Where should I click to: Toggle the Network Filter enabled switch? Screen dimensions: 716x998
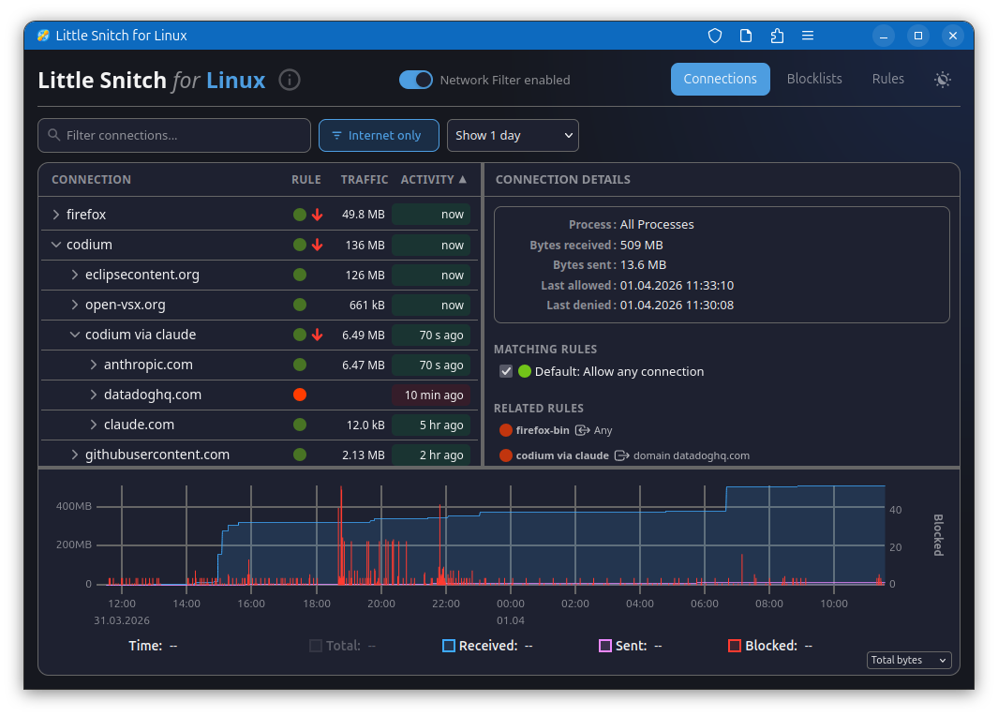point(416,80)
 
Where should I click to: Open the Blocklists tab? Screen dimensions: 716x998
point(814,79)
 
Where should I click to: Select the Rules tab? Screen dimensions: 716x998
point(887,79)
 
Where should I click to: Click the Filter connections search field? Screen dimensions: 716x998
point(174,135)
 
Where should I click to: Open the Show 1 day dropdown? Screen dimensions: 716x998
point(513,135)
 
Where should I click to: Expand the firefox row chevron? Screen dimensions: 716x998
point(56,215)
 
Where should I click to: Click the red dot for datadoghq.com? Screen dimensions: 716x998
point(300,395)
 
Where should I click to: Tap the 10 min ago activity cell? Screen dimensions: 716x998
point(431,395)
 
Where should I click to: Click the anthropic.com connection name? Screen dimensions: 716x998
point(148,365)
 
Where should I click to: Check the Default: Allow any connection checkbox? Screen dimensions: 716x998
point(506,371)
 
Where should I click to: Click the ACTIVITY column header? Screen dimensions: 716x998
point(433,179)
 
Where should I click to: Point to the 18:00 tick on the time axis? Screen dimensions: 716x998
point(317,604)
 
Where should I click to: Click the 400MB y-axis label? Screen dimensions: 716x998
point(74,506)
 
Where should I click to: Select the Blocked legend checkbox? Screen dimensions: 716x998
point(735,646)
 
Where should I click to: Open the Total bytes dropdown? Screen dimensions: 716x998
point(909,660)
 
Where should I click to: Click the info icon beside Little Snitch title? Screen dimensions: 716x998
point(290,80)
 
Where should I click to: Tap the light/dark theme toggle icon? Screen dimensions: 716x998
point(943,80)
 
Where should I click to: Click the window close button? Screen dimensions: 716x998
point(953,36)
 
